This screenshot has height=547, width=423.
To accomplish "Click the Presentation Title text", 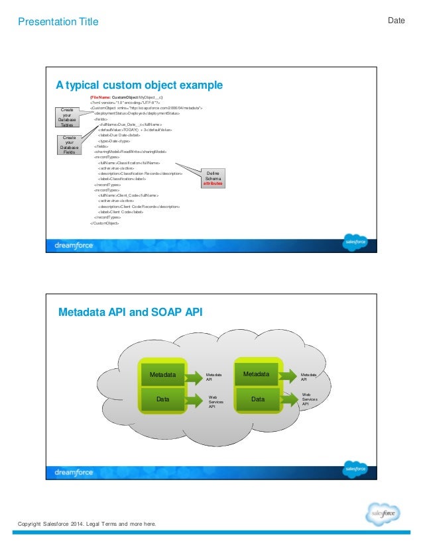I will tap(58, 22).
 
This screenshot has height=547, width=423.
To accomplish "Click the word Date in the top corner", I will tap(396, 21).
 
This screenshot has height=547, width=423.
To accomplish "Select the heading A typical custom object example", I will tap(139, 85).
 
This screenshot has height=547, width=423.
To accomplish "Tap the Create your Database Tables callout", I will tap(67, 117).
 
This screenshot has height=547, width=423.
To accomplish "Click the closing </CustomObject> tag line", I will tap(105, 223).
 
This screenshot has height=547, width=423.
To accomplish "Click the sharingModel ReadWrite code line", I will tap(125, 151).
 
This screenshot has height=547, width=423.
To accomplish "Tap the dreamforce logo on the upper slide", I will tap(74, 246).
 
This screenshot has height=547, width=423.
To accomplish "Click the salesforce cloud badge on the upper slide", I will tap(355, 242).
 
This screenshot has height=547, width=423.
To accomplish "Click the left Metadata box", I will tap(163, 375).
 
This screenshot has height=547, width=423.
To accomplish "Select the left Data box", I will tap(163, 399).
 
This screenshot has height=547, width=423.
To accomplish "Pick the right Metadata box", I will tap(257, 374).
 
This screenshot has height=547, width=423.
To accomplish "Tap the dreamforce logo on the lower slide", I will tap(74, 472).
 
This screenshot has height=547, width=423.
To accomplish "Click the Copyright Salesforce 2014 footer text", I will tap(87, 524).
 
